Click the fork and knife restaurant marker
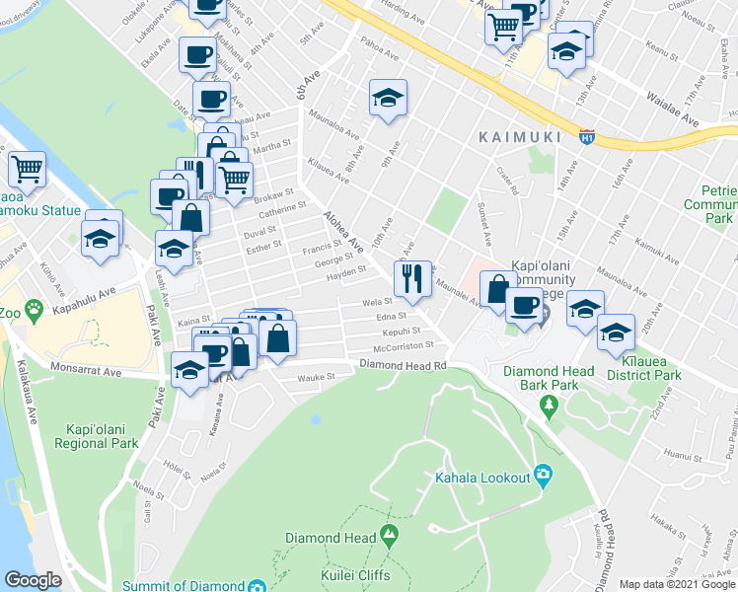(411, 277)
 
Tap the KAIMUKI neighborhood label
(518, 136)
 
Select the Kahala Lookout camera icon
(543, 477)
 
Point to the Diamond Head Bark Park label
(549, 378)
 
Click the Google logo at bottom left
(34, 580)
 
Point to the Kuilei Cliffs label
(354, 575)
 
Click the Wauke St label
(318, 376)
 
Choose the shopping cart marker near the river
(28, 169)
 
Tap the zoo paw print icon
(35, 308)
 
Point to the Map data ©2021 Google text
(677, 584)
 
